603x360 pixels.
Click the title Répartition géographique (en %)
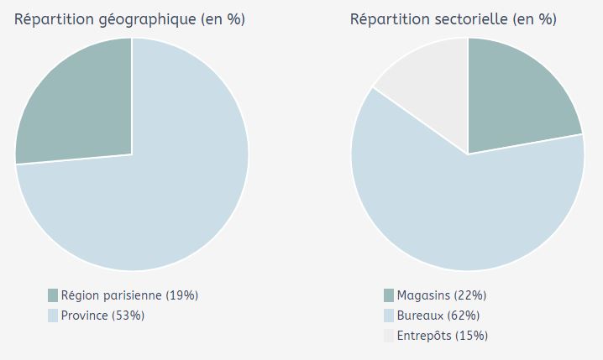[x=129, y=19]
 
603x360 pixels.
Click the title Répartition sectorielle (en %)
[x=453, y=19]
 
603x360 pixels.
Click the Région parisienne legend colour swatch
[x=53, y=295]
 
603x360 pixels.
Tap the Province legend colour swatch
[x=53, y=316]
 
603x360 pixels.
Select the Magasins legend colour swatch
[x=389, y=295]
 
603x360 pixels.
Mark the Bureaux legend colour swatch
[x=389, y=316]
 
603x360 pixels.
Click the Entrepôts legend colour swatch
[x=389, y=336]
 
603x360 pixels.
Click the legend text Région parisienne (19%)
[x=129, y=295]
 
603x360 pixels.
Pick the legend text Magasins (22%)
[x=442, y=295]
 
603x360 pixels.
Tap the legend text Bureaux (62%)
[x=438, y=316]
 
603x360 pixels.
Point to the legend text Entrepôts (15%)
[x=443, y=336]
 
